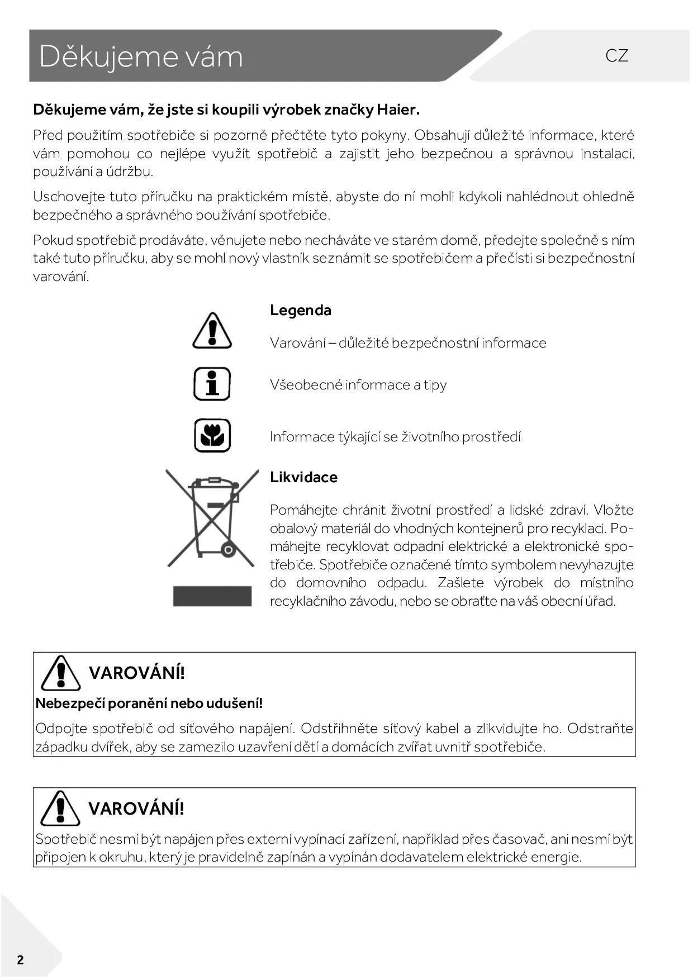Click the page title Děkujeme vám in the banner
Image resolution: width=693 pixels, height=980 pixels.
point(141,56)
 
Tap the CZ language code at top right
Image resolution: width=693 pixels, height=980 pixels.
point(616,55)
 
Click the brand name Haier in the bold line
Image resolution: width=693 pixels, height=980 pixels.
point(398,110)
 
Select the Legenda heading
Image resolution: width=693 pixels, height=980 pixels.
point(300,310)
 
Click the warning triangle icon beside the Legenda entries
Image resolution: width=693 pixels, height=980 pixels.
point(212,331)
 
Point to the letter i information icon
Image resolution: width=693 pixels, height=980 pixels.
point(212,384)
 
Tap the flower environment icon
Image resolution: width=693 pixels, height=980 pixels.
point(212,435)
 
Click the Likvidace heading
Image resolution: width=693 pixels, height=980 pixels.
point(303,477)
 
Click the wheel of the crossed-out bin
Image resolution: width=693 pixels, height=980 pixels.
point(228,550)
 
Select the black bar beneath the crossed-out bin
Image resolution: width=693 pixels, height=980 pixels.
point(212,596)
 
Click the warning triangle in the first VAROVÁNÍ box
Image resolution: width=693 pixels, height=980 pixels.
point(60,673)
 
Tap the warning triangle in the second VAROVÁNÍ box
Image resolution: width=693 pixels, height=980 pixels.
point(60,808)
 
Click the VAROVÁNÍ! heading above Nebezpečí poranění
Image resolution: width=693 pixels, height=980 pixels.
point(136,673)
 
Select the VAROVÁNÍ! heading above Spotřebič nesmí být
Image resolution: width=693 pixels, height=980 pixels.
point(136,808)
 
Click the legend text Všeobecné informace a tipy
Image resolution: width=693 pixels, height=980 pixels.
point(358,385)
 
